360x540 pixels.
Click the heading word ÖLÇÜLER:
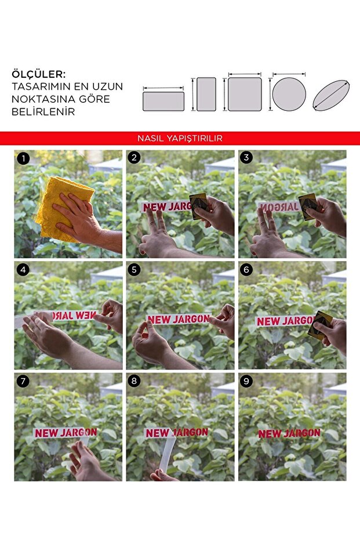pyautogui.click(x=38, y=74)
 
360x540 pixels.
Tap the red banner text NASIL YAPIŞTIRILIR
pyautogui.click(x=180, y=139)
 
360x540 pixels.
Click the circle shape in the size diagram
pyautogui.click(x=289, y=95)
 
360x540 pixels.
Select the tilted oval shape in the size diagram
pyautogui.click(x=331, y=95)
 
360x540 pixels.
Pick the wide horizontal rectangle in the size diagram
pyautogui.click(x=163, y=102)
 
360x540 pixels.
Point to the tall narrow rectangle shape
pyautogui.click(x=206, y=95)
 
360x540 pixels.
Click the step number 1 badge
pyautogui.click(x=23, y=158)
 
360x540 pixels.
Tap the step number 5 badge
pyautogui.click(x=134, y=270)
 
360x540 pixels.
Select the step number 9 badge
pyautogui.click(x=246, y=381)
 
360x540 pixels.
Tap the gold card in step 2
pyautogui.click(x=199, y=206)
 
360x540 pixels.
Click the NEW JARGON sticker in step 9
pyautogui.click(x=289, y=434)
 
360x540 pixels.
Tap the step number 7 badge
pyautogui.click(x=23, y=381)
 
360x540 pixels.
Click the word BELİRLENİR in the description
pyautogui.click(x=43, y=111)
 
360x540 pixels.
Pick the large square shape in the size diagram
pyautogui.click(x=245, y=95)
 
